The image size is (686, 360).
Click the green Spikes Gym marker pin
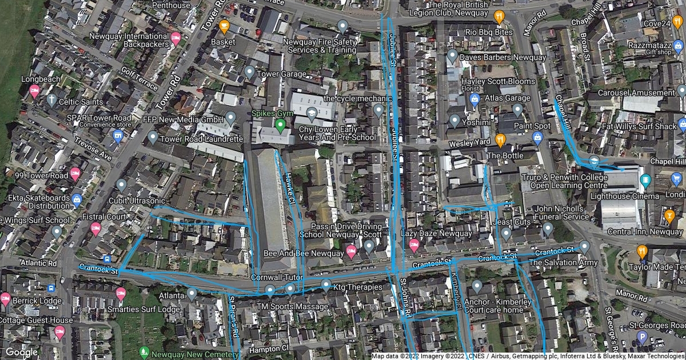tap(280, 124)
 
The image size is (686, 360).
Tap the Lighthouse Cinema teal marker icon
tap(645, 181)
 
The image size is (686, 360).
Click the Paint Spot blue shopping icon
tap(537, 137)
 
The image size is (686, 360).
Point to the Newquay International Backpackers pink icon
tap(176, 38)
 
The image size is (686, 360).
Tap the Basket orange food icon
tap(224, 26)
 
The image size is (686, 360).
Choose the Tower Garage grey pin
tap(249, 72)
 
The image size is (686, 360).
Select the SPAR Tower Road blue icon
tap(118, 135)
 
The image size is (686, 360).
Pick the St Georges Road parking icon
tap(642, 337)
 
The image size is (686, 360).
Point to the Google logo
tap(21, 352)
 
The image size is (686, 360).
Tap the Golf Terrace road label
tap(139, 78)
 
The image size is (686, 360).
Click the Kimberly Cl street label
tap(456, 291)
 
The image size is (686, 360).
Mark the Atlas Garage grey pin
tap(517, 109)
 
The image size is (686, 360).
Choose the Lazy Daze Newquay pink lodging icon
tap(414, 245)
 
